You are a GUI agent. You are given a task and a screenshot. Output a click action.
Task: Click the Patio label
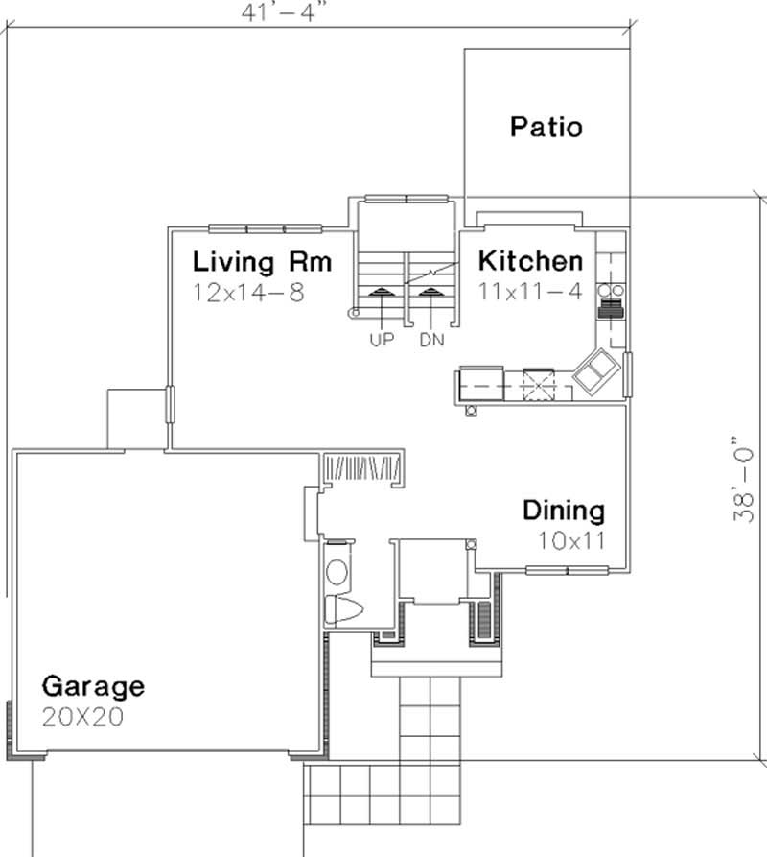click(546, 127)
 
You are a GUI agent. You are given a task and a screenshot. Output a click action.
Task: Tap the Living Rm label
click(262, 261)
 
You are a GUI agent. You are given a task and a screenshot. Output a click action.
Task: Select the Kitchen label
click(530, 261)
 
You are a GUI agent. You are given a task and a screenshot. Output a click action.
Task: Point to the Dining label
click(563, 511)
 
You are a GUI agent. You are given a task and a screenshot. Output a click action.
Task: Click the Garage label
click(93, 686)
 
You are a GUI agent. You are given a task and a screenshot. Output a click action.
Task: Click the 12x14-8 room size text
click(248, 293)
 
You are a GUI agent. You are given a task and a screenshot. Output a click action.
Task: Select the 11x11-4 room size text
click(530, 293)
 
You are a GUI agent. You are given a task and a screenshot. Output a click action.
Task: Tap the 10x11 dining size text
click(571, 540)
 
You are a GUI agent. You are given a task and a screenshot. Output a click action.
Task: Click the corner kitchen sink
click(595, 369)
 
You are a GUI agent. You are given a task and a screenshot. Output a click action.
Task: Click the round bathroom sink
click(337, 573)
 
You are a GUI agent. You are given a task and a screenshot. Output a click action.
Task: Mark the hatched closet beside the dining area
click(361, 468)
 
